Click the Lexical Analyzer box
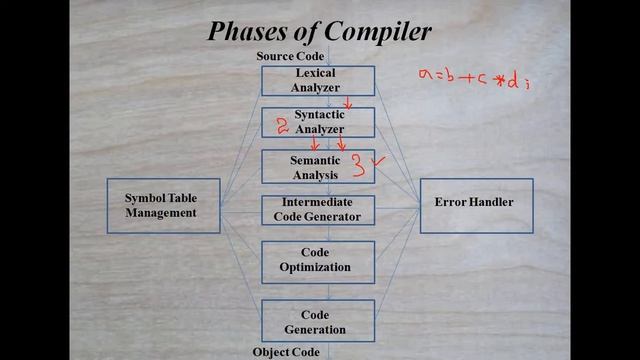(x=317, y=81)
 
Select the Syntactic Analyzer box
(x=317, y=122)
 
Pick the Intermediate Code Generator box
(x=317, y=209)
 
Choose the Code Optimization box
(x=317, y=260)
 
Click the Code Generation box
(x=317, y=321)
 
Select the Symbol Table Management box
(x=163, y=205)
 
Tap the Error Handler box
(x=475, y=204)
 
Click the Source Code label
(x=290, y=57)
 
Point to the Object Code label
(x=286, y=352)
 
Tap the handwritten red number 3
(x=356, y=167)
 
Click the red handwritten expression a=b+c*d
(x=471, y=79)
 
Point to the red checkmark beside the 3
(x=378, y=160)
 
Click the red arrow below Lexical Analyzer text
(x=348, y=103)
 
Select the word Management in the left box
(x=163, y=212)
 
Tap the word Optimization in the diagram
(x=317, y=267)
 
